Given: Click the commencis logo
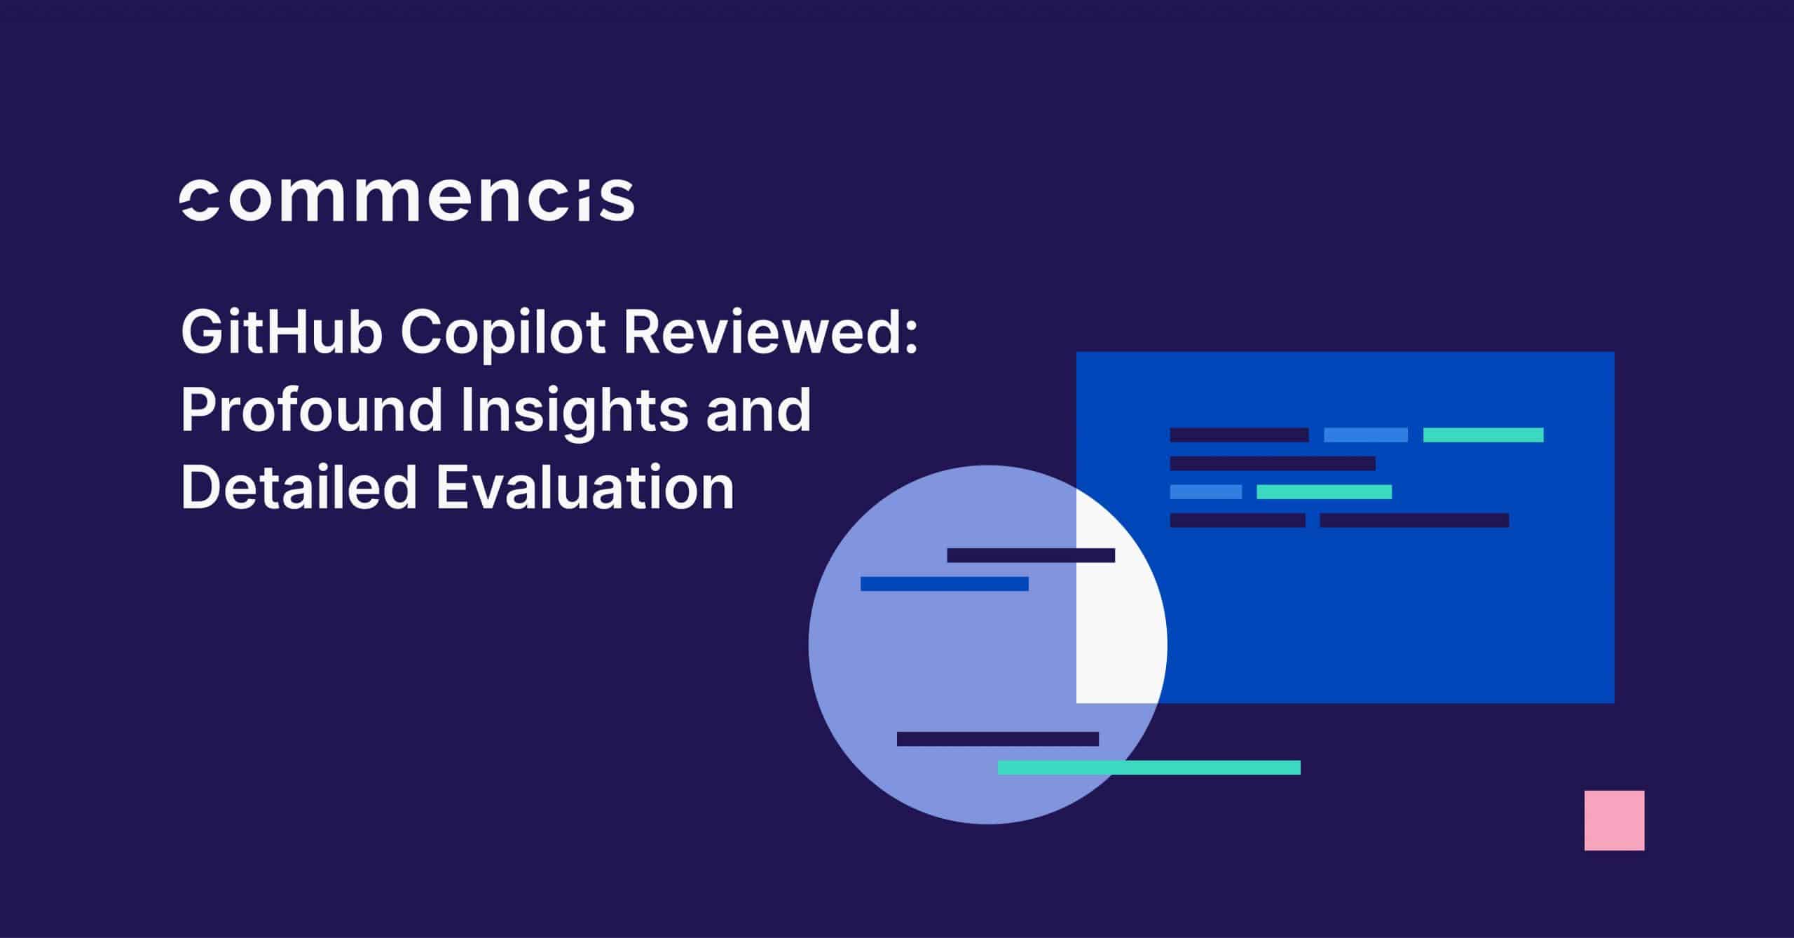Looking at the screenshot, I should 407,199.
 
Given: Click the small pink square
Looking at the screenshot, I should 1614,820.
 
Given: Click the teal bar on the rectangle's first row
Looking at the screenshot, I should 1483,435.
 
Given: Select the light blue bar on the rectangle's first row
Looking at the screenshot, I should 1365,435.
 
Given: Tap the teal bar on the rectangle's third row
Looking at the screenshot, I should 1324,491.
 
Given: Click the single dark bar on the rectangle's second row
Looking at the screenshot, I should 1272,463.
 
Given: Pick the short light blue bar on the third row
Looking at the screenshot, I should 1205,491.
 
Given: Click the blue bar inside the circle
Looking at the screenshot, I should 944,583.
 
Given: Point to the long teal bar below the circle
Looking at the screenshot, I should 1149,767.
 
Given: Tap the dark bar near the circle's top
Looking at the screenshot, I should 1030,555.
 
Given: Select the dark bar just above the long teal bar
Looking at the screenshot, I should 997,739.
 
